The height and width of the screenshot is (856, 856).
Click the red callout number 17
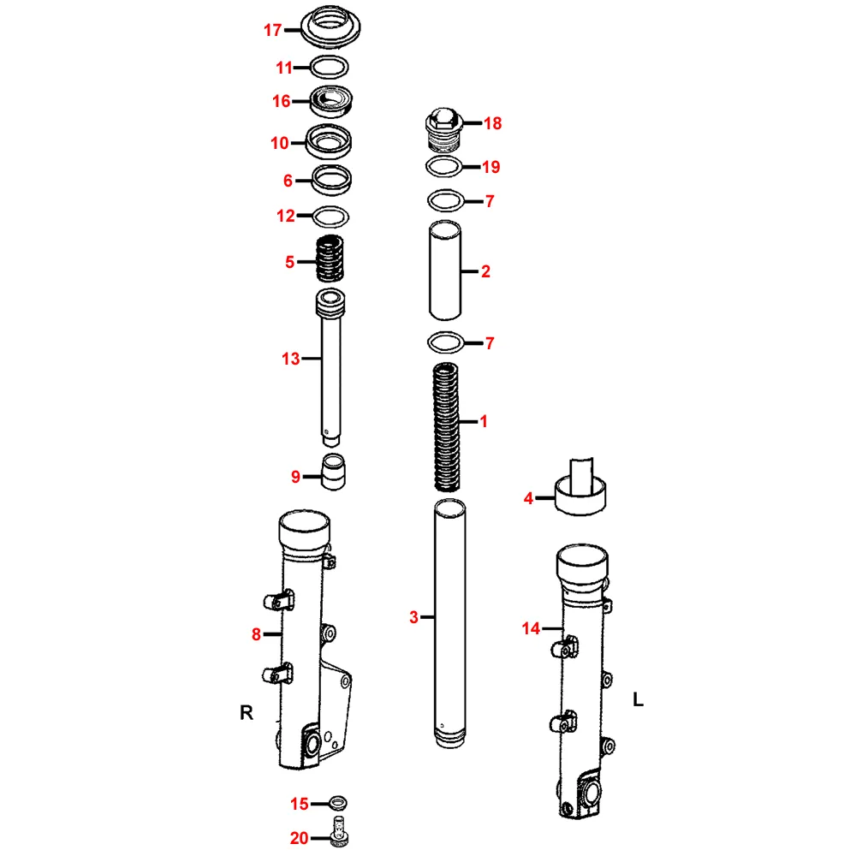pyautogui.click(x=272, y=30)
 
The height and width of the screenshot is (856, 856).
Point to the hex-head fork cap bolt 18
pyautogui.click(x=443, y=129)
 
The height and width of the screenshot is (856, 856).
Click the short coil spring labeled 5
pyautogui.click(x=330, y=259)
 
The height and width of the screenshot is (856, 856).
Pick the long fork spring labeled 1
pyautogui.click(x=447, y=427)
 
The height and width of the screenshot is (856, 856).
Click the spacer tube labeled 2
pyautogui.click(x=445, y=270)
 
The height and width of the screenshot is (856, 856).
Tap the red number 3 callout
pyautogui.click(x=413, y=617)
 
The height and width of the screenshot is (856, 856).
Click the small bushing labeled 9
pyautogui.click(x=333, y=472)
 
